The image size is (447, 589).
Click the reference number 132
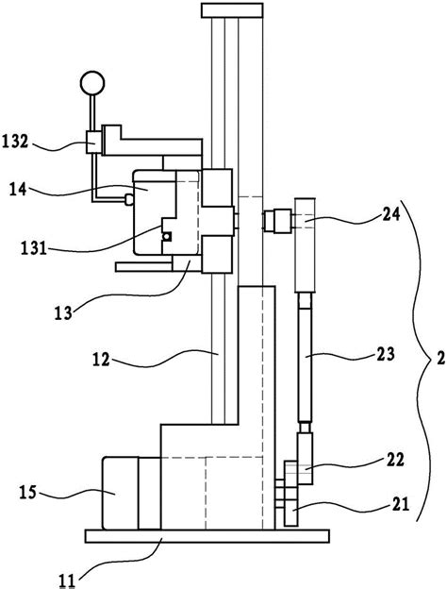pyautogui.click(x=15, y=142)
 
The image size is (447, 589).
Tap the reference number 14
pyautogui.click(x=18, y=188)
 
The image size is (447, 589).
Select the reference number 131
pyautogui.click(x=34, y=248)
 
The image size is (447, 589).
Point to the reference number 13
pyautogui.click(x=63, y=312)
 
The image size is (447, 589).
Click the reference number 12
pyautogui.click(x=101, y=360)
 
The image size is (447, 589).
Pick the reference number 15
pyautogui.click(x=28, y=492)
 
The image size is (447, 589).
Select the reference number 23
pyautogui.click(x=386, y=354)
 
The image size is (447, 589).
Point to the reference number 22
pyautogui.click(x=394, y=460)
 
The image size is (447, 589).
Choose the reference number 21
pyautogui.click(x=400, y=504)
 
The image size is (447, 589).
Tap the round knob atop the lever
pyautogui.click(x=92, y=83)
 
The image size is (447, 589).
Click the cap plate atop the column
pyautogui.click(x=232, y=10)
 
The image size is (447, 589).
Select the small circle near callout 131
pyautogui.click(x=166, y=237)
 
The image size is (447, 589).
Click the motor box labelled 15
pyautogui.click(x=120, y=494)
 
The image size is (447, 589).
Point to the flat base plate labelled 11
pyautogui.click(x=207, y=536)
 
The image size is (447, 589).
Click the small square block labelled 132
pyautogui.click(x=93, y=142)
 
